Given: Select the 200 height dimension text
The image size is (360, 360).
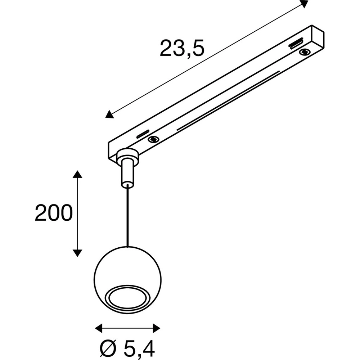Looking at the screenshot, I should point(54,213).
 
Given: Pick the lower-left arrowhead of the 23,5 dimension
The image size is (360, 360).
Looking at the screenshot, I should point(109,114).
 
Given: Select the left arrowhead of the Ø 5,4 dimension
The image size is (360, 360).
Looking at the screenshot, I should point(99,328).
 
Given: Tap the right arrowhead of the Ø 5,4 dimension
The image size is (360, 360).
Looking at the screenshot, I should point(157,328).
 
